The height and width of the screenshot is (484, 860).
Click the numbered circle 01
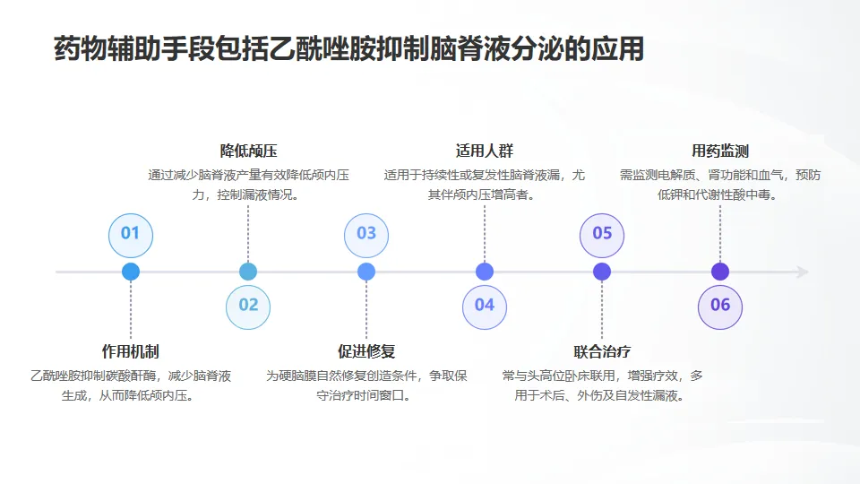[x=131, y=234]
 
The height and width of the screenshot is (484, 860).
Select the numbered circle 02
[x=248, y=306]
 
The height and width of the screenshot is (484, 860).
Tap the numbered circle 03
[x=366, y=234]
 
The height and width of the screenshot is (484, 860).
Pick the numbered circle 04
[x=485, y=306]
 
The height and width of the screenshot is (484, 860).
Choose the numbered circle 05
[x=602, y=234]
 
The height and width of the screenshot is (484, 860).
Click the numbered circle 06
[x=720, y=306]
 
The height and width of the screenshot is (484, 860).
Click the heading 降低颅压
[x=248, y=151]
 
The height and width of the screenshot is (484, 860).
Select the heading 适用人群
[x=485, y=151]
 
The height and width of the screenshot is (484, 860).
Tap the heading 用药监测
[x=720, y=151]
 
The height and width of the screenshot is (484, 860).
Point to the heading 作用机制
[x=131, y=351]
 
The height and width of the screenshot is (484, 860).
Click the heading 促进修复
[x=366, y=351]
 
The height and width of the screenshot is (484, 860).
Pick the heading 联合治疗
[x=602, y=351]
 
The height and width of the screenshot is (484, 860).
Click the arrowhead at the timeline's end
[x=803, y=272]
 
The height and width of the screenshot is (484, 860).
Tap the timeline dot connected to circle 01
[x=131, y=272]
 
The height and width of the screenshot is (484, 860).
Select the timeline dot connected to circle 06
[x=720, y=272]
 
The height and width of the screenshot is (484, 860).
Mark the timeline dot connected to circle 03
[x=366, y=272]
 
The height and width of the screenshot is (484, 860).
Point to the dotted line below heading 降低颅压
[x=248, y=233]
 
